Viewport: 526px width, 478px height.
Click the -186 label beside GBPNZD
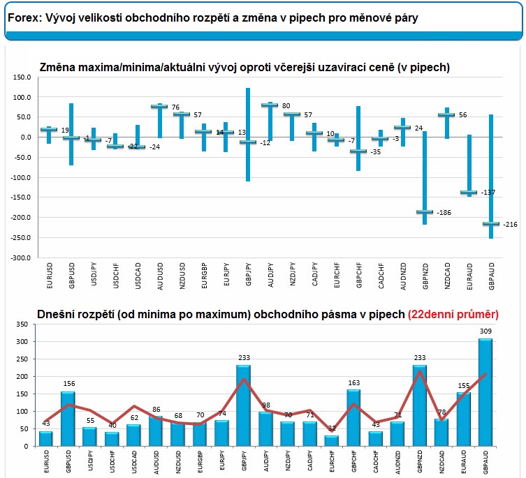click(444, 212)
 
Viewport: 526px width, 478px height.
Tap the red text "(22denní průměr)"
click(453, 314)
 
